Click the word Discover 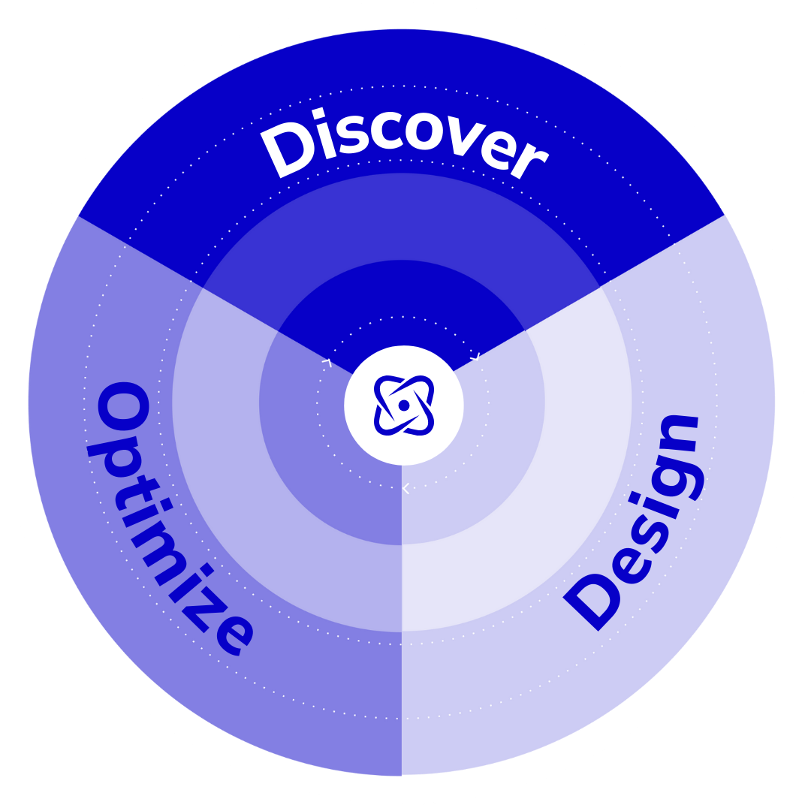click(403, 144)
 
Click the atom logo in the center click(404, 405)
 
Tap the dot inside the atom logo click(404, 405)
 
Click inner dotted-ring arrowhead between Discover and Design click(475, 358)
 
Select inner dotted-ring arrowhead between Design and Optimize click(405, 489)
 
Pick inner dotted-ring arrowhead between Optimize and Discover click(327, 363)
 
